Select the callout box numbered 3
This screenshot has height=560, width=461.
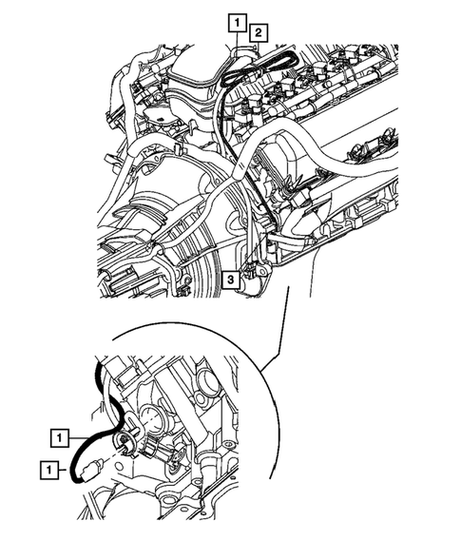click(x=231, y=279)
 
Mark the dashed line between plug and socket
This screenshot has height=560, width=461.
click(x=112, y=454)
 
